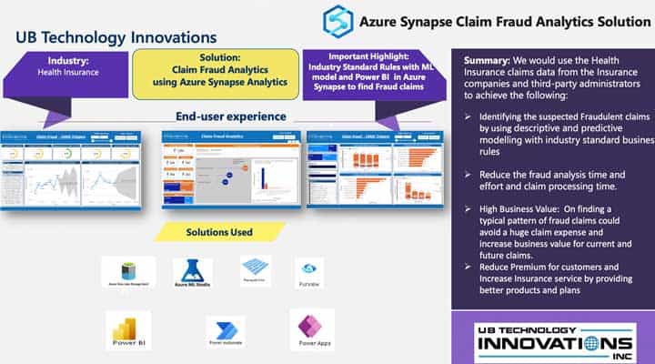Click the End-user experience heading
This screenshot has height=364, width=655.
(x=231, y=116)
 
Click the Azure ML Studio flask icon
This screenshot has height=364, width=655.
(x=192, y=269)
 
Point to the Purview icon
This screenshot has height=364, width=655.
(x=308, y=269)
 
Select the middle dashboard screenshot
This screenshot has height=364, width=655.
(x=231, y=169)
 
